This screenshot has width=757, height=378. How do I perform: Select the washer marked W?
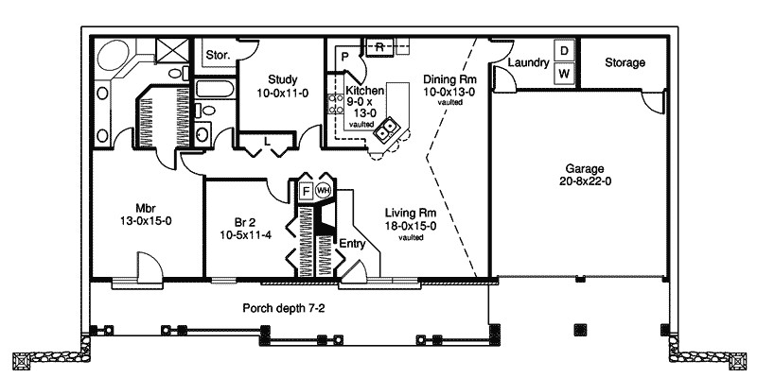563,73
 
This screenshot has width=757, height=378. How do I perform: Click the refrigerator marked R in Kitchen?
379,45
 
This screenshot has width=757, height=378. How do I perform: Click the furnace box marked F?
306,190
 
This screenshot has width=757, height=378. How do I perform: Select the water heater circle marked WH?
324,190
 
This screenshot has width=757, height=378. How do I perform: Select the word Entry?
352,243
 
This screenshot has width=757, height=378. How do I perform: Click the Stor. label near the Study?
217,55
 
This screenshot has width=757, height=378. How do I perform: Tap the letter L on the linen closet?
268,141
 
